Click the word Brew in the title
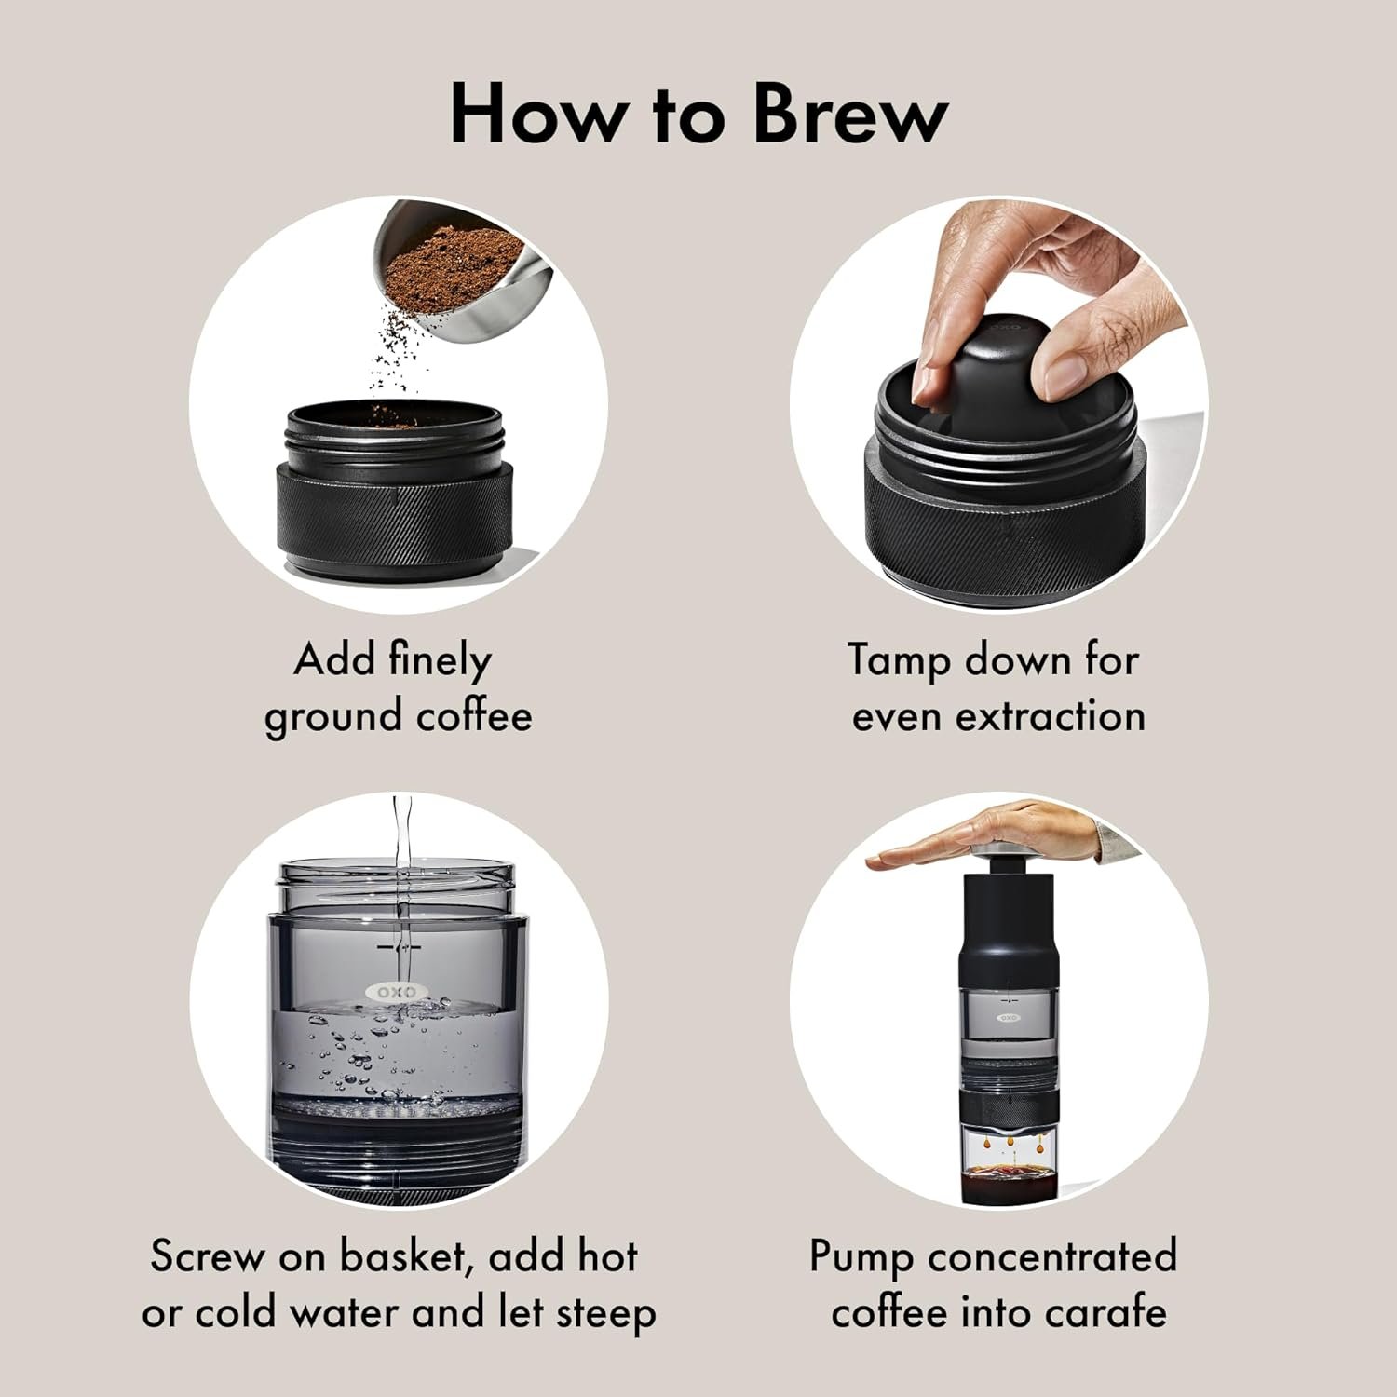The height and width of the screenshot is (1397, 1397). point(849,114)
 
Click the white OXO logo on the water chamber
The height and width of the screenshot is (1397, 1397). point(397,992)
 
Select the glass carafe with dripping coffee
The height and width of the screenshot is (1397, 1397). point(1008,1164)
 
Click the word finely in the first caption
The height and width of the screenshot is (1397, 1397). point(440,661)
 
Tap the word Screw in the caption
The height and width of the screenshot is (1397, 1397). point(207,1256)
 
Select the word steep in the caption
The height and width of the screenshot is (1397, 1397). point(606,1314)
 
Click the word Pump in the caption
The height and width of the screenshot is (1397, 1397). point(862,1257)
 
